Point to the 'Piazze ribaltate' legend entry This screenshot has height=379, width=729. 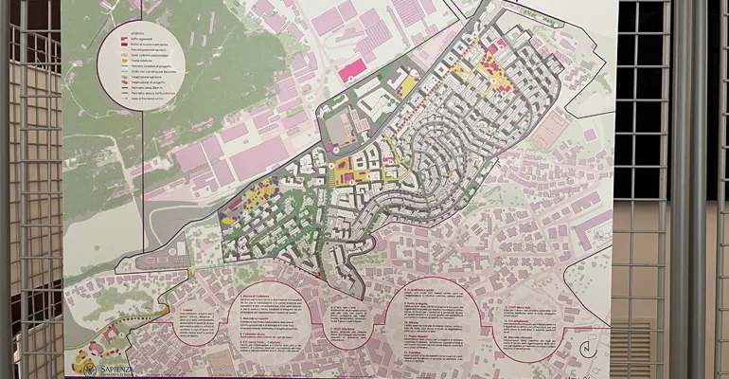(143, 62)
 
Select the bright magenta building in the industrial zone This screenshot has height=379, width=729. (353, 68)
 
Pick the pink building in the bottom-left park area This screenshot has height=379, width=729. (109, 333)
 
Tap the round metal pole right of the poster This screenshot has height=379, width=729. (679, 189)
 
